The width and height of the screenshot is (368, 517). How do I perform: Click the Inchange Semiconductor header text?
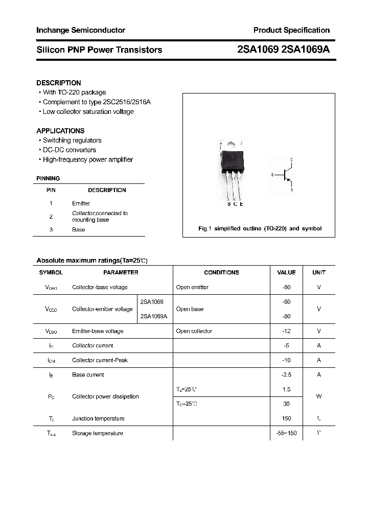(x=81, y=30)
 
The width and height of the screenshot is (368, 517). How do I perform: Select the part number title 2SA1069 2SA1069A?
(x=284, y=50)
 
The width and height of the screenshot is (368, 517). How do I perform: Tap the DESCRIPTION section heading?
(x=59, y=83)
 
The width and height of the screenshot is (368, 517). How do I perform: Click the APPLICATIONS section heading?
(x=60, y=131)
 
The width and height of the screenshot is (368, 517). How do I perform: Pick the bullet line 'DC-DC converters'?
(x=69, y=150)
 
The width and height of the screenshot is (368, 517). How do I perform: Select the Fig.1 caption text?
(x=260, y=228)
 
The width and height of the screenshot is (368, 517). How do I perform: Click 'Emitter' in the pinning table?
(x=81, y=203)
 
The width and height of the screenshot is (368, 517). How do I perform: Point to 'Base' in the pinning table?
(x=78, y=230)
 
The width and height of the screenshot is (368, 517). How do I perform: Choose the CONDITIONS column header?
(x=221, y=273)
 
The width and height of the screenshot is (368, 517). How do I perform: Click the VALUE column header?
(x=286, y=273)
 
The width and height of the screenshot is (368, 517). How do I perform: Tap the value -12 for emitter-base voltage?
(x=286, y=331)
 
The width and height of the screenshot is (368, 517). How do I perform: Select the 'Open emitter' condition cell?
(x=192, y=287)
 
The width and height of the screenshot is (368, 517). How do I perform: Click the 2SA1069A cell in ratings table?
(x=153, y=316)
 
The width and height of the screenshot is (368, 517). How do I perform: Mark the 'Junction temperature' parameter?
(x=98, y=419)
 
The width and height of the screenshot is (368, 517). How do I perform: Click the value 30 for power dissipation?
(x=286, y=404)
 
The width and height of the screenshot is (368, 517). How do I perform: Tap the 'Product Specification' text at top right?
(x=292, y=30)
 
